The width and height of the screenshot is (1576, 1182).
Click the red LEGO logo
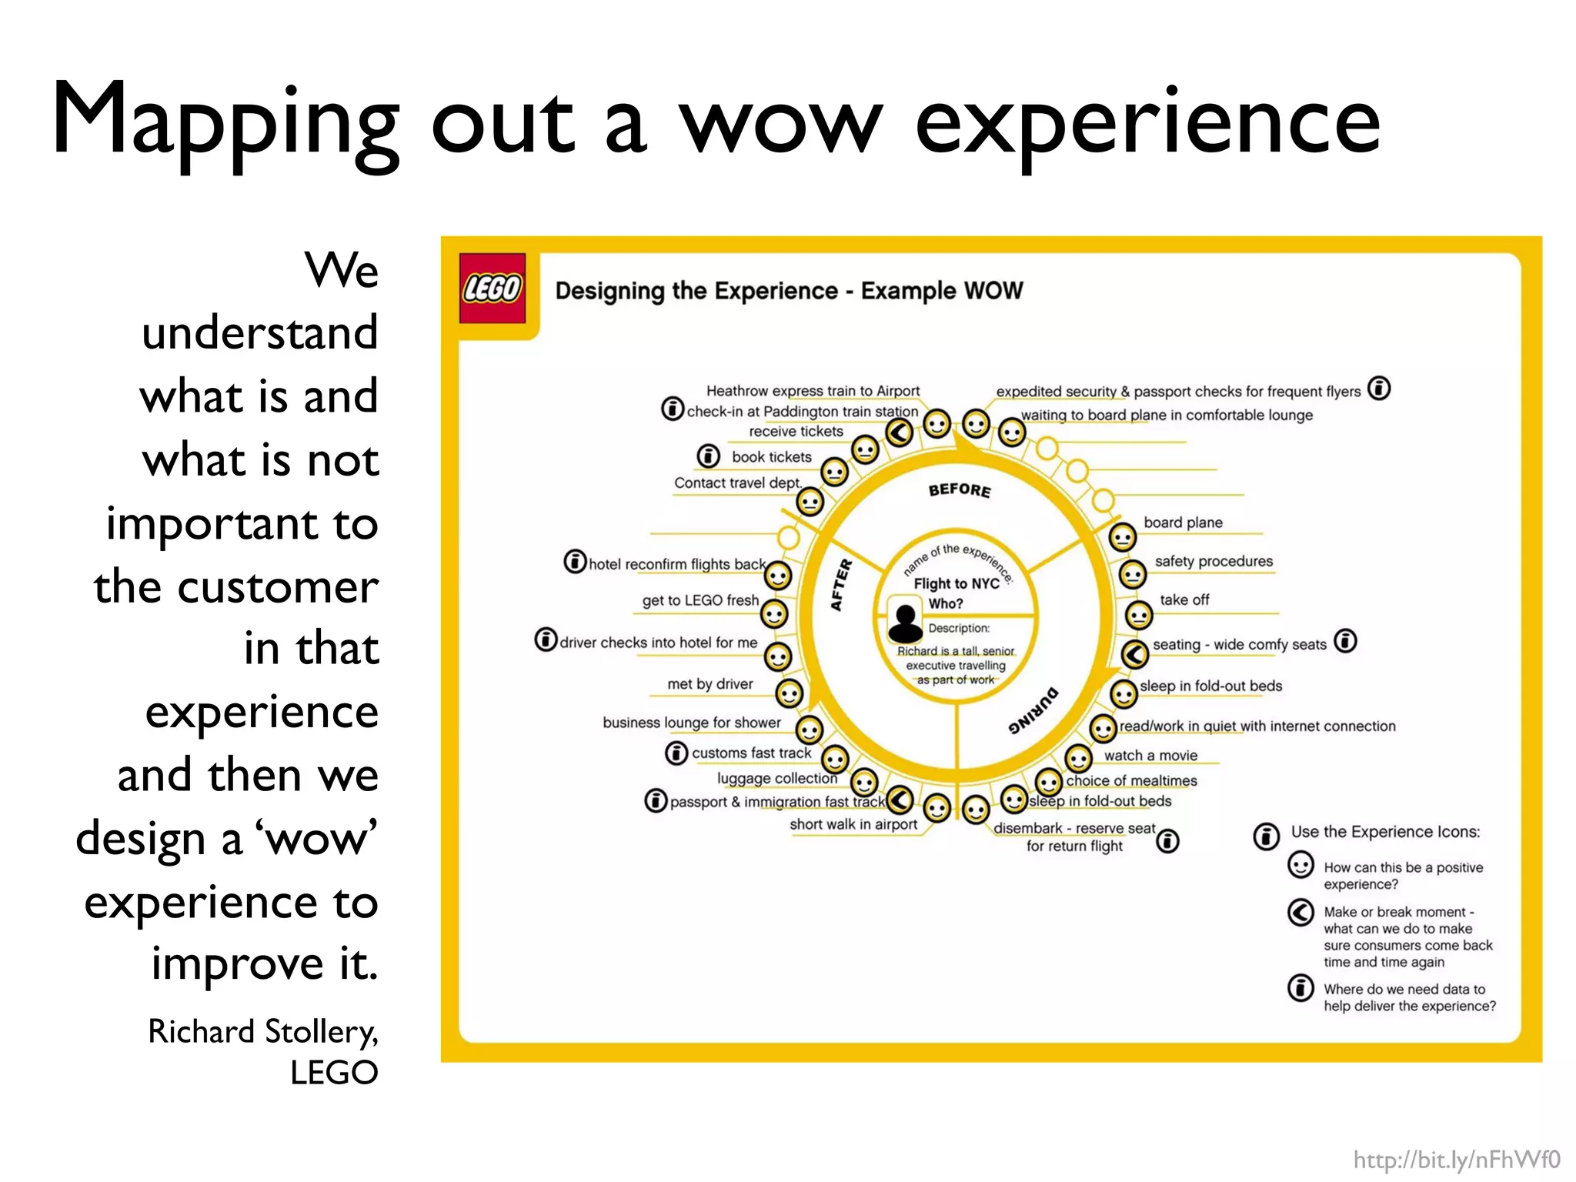pyautogui.click(x=492, y=288)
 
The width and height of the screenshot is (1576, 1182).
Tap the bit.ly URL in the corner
pyautogui.click(x=1456, y=1160)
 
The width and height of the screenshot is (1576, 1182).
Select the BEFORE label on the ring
pyautogui.click(x=959, y=490)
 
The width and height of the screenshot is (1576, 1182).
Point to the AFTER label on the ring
pyautogui.click(x=841, y=585)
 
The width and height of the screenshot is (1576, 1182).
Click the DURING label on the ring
pyautogui.click(x=1033, y=711)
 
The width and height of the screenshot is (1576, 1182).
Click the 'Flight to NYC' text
pyautogui.click(x=956, y=583)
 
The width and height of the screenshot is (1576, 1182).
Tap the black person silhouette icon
pyautogui.click(x=905, y=623)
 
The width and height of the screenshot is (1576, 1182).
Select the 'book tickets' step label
pyautogui.click(x=771, y=457)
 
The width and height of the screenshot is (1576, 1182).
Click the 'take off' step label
pyautogui.click(x=1184, y=599)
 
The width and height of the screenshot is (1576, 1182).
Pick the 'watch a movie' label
pyautogui.click(x=1150, y=756)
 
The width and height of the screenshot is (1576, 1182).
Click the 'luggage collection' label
pyautogui.click(x=776, y=778)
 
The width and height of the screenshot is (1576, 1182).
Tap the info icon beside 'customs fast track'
pyautogui.click(x=676, y=753)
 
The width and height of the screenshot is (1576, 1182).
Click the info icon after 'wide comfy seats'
pyautogui.click(x=1345, y=641)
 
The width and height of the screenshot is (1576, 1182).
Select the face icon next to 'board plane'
pyautogui.click(x=1122, y=536)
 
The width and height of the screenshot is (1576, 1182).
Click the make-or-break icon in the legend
pyautogui.click(x=1301, y=913)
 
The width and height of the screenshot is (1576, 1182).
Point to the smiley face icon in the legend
pyautogui.click(x=1301, y=866)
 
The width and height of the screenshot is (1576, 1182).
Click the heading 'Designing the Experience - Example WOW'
pyautogui.click(x=789, y=291)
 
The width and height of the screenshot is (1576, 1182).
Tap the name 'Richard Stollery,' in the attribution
pyautogui.click(x=262, y=1031)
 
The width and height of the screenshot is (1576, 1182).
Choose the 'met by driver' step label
pyautogui.click(x=710, y=684)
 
